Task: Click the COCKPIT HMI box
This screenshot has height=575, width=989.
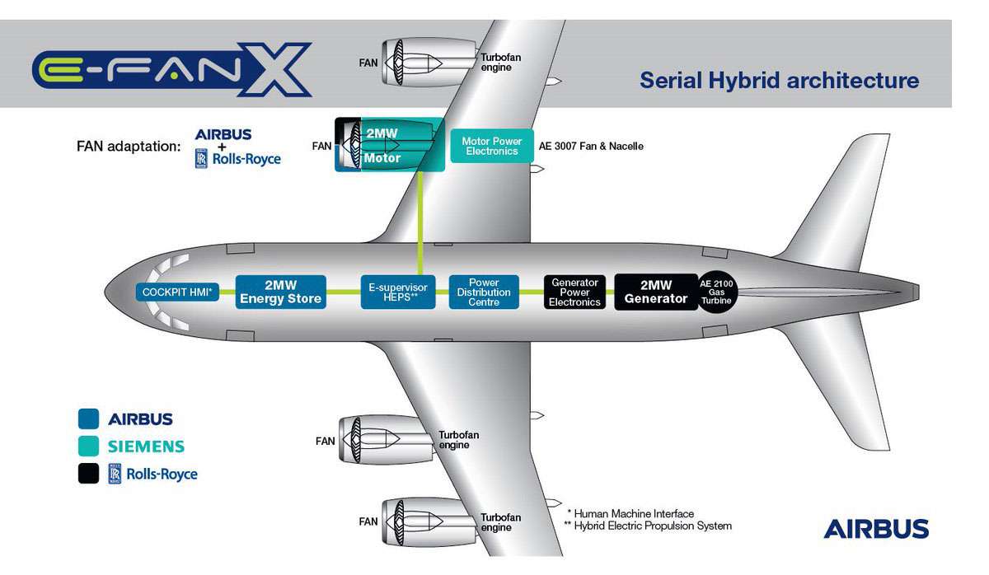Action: [x=177, y=292]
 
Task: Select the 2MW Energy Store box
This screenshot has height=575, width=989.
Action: [x=281, y=292]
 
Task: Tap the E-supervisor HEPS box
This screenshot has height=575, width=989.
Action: [x=398, y=292]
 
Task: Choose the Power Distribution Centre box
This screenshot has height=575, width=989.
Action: [x=484, y=292]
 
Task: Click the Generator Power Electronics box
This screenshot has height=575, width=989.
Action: [x=574, y=292]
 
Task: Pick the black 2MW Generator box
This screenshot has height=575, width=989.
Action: [x=656, y=292]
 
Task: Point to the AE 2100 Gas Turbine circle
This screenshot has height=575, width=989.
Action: [x=716, y=292]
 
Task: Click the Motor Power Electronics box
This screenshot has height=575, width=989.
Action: [x=492, y=146]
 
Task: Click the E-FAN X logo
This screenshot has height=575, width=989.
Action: [x=172, y=69]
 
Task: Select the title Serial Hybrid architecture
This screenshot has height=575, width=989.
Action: [x=780, y=81]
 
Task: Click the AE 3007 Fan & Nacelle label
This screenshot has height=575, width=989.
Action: [x=591, y=146]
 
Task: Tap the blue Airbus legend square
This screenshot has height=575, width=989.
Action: [x=88, y=418]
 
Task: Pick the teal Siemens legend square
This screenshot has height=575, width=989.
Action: [x=88, y=446]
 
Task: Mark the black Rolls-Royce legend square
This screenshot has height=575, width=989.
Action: [x=88, y=474]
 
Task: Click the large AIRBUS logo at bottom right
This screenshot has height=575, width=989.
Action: [x=876, y=529]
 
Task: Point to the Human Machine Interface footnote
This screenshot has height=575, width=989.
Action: [x=630, y=514]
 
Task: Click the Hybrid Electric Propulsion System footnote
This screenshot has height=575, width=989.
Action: [x=648, y=526]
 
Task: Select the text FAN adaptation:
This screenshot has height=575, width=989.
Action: [x=129, y=146]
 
